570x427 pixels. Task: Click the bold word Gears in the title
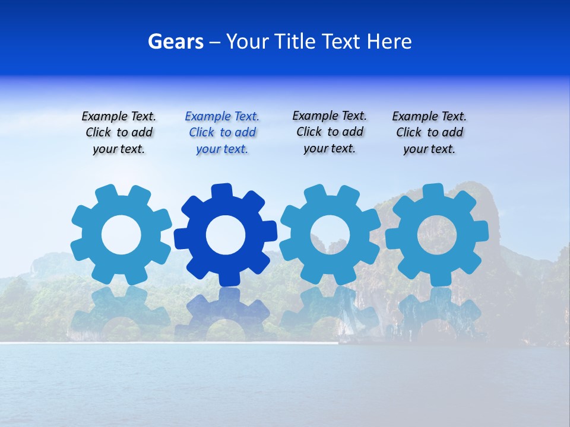pos(176,42)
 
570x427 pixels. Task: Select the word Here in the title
pos(389,42)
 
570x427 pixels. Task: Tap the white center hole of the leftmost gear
pos(121,235)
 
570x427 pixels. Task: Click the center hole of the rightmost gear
pos(437,234)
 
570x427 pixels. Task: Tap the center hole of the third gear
pos(330,234)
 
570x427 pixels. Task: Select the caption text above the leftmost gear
pos(119,133)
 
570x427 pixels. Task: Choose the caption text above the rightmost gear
pos(429,133)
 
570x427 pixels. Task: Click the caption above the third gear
pos(330,132)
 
